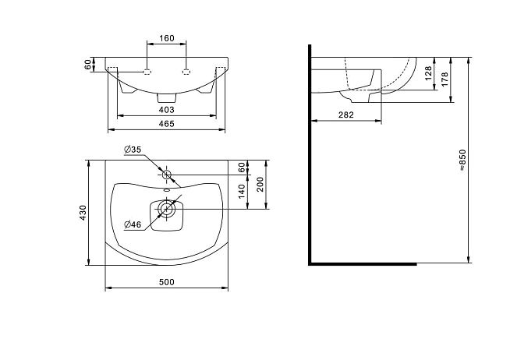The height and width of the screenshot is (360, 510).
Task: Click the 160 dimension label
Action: [167, 38]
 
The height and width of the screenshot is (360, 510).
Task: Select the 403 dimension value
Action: [167, 110]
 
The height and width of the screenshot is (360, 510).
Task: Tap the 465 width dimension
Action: [167, 124]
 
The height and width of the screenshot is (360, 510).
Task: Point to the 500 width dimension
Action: [167, 282]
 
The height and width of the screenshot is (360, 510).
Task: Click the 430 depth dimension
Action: [83, 213]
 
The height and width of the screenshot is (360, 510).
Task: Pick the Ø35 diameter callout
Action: [133, 150]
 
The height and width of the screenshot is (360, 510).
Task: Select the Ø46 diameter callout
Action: [133, 224]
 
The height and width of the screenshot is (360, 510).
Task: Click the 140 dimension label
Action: [241, 192]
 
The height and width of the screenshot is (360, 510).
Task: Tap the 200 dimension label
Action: [260, 185]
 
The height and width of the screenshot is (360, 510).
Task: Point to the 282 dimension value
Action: [345, 115]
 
